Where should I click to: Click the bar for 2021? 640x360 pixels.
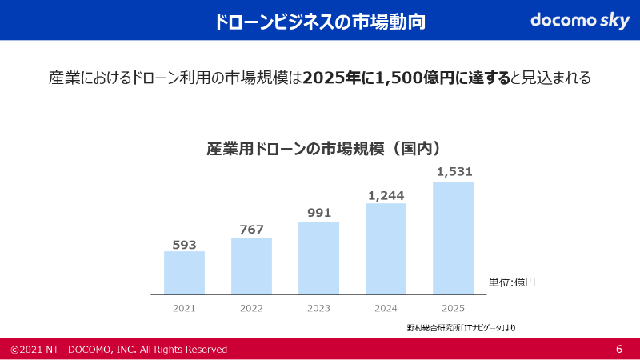tap(184, 273)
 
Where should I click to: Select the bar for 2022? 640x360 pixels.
tap(251, 266)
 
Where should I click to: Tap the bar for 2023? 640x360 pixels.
tap(318, 258)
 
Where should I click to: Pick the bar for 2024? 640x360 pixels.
tap(386, 248)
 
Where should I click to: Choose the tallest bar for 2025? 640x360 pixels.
tap(453, 238)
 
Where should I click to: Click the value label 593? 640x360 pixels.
tap(184, 245)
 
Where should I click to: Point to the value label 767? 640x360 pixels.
tap(251, 230)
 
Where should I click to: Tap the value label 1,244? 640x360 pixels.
tap(386, 195)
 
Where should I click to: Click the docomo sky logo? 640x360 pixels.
tap(580, 21)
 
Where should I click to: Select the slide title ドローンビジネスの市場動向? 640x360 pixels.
tap(320, 22)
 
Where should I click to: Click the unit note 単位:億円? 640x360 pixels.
tap(511, 282)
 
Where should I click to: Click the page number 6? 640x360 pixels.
tap(619, 350)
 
